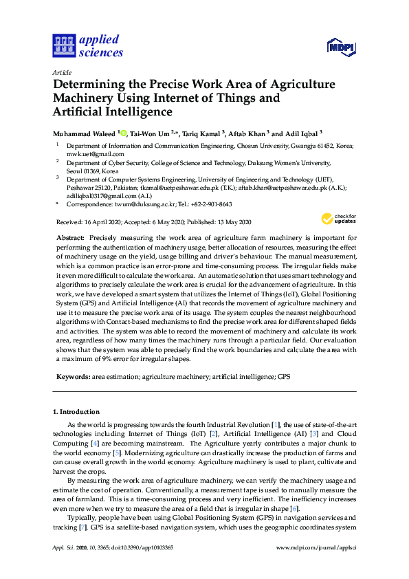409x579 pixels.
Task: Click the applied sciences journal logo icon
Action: tap(63, 46)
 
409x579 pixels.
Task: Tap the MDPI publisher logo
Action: tap(340, 47)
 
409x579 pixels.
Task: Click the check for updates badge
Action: tap(338, 219)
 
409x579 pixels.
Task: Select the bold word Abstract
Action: tap(70, 237)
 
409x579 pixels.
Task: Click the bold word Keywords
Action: tap(72, 377)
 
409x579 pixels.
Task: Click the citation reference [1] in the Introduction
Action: tap(275, 426)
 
